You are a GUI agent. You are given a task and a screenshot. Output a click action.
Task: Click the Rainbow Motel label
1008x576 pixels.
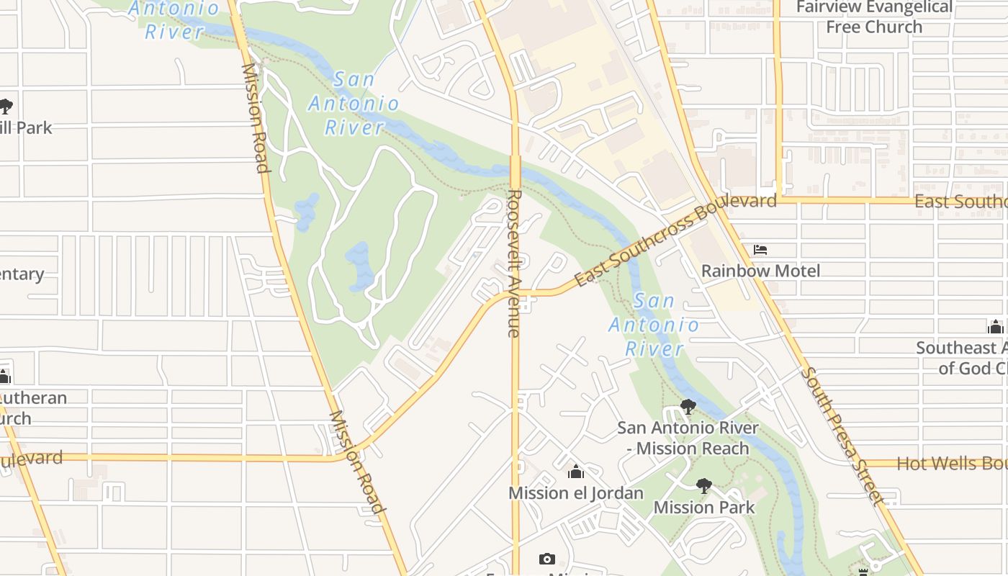click(760, 271)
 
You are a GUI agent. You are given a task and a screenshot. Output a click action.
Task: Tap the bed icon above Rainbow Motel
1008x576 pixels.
click(760, 250)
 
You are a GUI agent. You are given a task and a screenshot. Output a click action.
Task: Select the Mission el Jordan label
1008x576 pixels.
click(575, 493)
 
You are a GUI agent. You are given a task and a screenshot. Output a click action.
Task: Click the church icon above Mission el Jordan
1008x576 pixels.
click(575, 472)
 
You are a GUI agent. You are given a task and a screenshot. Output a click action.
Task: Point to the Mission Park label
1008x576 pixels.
click(703, 508)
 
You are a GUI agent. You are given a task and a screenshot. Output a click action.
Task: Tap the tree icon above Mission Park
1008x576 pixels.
click(704, 486)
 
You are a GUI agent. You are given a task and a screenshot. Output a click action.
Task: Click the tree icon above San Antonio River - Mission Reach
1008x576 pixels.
click(688, 407)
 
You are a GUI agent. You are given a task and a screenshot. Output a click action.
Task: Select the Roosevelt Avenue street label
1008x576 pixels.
click(513, 263)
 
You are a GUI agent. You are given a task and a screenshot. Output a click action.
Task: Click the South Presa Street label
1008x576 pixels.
click(841, 436)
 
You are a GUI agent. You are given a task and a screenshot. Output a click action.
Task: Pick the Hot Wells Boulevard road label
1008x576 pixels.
click(950, 464)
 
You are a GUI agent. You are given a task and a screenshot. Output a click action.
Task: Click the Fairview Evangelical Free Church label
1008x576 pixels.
click(874, 17)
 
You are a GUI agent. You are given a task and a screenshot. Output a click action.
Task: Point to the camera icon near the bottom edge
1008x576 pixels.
click(547, 559)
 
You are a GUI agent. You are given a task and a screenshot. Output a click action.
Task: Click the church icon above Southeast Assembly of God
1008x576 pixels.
click(996, 327)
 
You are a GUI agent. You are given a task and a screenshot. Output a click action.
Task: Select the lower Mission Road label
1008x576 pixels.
click(356, 461)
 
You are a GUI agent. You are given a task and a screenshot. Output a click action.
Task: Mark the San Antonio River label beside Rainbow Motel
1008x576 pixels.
click(654, 325)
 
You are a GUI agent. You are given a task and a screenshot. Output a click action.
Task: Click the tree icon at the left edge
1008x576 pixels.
click(6, 107)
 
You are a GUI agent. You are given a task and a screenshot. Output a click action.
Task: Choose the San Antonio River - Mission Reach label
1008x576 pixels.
click(688, 438)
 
